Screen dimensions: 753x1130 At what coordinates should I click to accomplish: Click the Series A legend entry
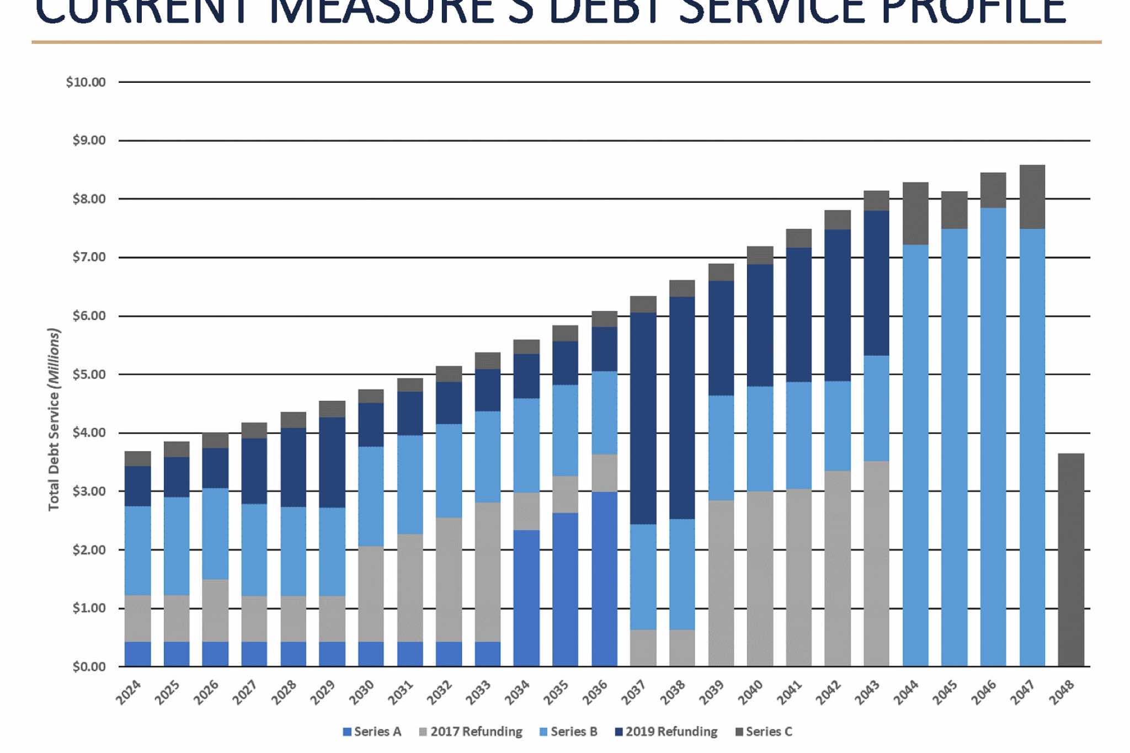[x=372, y=731]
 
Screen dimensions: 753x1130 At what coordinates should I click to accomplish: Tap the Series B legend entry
[x=568, y=731]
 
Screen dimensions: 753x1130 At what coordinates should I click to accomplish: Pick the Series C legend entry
[x=764, y=731]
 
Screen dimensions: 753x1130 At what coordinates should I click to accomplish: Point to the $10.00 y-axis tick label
[x=86, y=82]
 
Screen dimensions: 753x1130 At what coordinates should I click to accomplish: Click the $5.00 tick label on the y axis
[x=89, y=375]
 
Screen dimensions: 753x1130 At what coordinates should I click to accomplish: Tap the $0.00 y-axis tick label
[x=89, y=667]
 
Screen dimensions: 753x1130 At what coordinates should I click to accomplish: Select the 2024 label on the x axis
[x=129, y=692]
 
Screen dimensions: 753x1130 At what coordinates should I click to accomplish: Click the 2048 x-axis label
[x=1062, y=692]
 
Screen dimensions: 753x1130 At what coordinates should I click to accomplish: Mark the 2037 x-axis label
[x=634, y=692]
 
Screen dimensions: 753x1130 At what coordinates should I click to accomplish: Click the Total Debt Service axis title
[x=54, y=419]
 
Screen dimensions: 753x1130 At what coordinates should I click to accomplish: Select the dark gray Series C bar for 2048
[x=1071, y=560]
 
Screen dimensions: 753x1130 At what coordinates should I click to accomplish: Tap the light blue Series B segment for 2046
[x=993, y=436]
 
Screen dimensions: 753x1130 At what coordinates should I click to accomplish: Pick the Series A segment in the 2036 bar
[x=604, y=579]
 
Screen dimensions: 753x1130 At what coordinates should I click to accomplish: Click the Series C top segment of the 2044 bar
[x=915, y=213]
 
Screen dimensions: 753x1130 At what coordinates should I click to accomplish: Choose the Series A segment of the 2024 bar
[x=138, y=654]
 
